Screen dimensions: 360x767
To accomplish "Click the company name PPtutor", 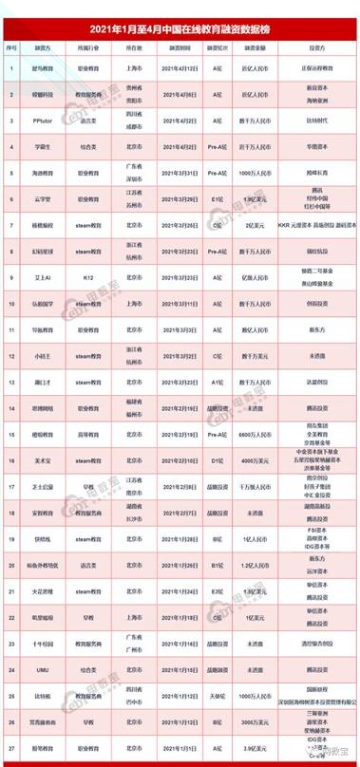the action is (x=42, y=122).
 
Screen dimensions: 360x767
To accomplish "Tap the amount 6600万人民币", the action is (x=248, y=433).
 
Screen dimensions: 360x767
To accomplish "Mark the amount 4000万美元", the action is (x=248, y=459).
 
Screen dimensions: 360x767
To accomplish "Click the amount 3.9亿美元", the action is (x=248, y=747).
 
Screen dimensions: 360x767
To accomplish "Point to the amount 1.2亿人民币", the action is (x=248, y=564).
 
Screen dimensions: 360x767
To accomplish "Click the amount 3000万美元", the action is (x=248, y=720).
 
